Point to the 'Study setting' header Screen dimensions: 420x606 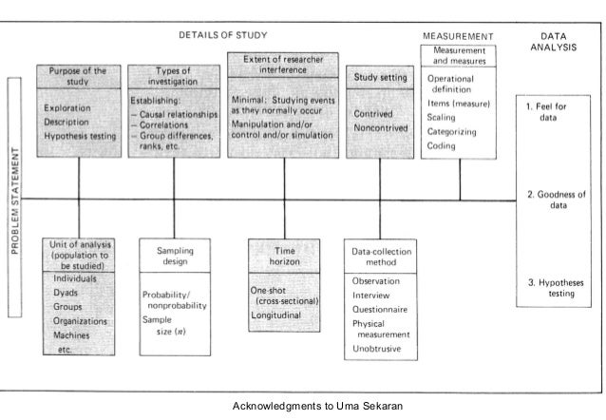coord(381,77)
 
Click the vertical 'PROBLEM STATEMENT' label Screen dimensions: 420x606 coord(16,199)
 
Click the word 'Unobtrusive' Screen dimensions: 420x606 coord(380,350)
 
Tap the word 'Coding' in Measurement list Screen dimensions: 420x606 coord(442,147)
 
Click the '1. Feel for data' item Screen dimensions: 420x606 coord(549,113)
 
